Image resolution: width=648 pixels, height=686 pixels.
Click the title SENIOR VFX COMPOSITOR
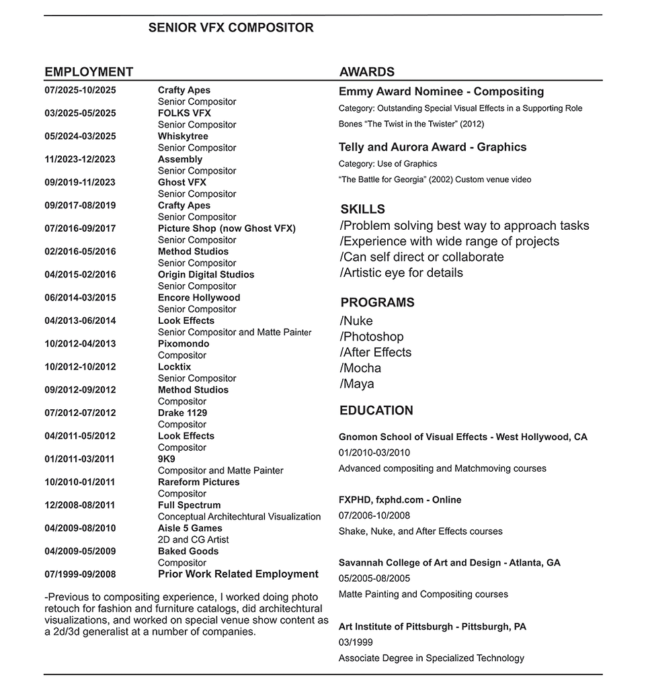click(x=231, y=28)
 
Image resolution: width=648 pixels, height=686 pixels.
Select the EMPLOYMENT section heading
click(x=89, y=72)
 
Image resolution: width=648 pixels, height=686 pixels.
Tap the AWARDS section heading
click(x=366, y=72)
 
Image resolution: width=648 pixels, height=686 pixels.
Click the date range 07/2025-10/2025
click(x=80, y=90)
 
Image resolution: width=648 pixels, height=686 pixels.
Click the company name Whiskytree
click(x=183, y=136)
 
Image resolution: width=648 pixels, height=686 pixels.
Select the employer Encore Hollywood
click(x=198, y=298)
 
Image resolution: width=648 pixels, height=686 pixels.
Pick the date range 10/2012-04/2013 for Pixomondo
click(x=80, y=344)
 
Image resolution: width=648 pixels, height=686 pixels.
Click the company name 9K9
click(x=166, y=459)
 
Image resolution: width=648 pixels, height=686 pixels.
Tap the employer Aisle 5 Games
click(x=190, y=528)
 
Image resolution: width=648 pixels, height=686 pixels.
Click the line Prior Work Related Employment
click(x=238, y=574)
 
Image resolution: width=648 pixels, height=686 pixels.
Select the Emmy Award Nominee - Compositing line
click(x=441, y=91)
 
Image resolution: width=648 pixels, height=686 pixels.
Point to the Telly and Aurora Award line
click(x=432, y=147)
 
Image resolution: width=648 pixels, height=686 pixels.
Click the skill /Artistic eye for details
click(x=401, y=273)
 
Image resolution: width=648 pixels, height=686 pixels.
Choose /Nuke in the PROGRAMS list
click(x=356, y=321)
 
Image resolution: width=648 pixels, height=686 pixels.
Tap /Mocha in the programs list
click(x=360, y=368)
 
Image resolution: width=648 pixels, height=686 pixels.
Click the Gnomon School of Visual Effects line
click(x=462, y=437)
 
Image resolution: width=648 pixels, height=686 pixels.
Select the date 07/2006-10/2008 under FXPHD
click(x=374, y=515)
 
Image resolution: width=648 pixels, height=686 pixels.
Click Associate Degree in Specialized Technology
click(x=431, y=658)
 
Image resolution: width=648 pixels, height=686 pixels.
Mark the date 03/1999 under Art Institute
click(x=356, y=642)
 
